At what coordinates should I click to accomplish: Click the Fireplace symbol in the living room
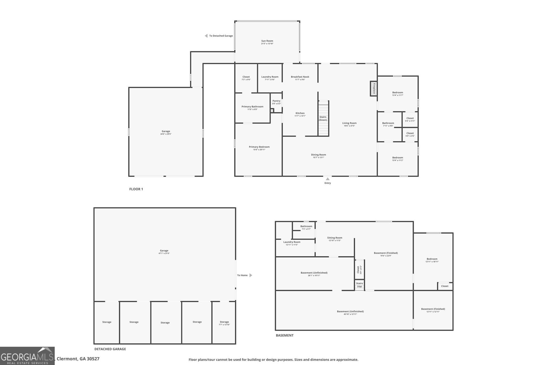[374, 89]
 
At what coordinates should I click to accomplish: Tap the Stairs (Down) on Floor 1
[323, 118]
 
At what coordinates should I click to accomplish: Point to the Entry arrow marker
[328, 179]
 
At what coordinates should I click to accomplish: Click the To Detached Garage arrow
[206, 36]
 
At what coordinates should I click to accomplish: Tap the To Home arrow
[251, 275]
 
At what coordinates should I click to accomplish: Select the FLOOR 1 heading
[136, 189]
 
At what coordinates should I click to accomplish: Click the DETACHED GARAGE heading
[110, 349]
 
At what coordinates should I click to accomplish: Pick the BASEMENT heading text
[284, 335]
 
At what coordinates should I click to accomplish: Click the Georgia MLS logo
[27, 356]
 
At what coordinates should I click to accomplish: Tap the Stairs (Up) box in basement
[359, 285]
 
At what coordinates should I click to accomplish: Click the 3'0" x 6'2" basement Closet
[359, 269]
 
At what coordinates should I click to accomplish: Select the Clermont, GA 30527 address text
[78, 359]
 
